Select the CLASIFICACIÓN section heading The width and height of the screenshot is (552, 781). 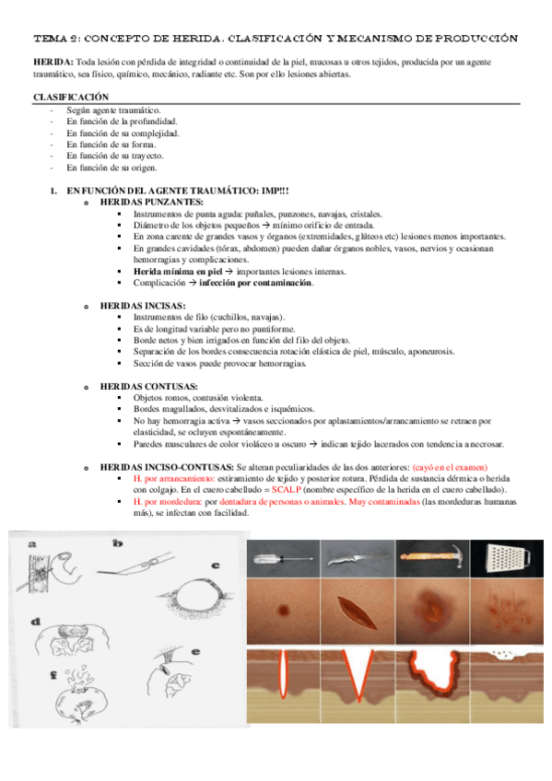click(71, 97)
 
